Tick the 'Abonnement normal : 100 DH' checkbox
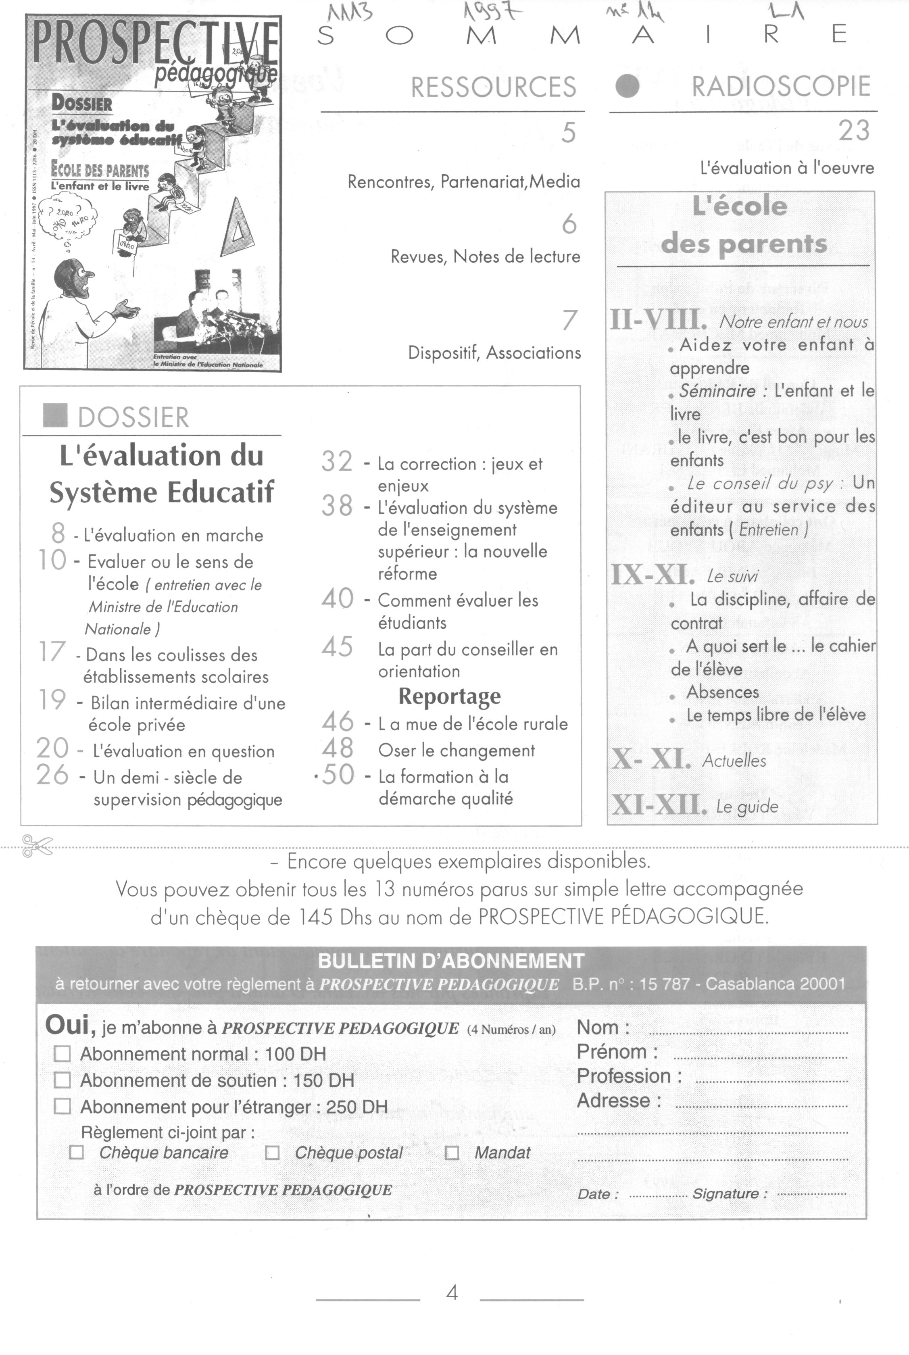pyautogui.click(x=62, y=1054)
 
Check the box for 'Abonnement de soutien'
pyautogui.click(x=62, y=1080)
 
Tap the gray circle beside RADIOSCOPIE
pyautogui.click(x=627, y=86)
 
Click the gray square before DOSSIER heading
pyautogui.click(x=55, y=415)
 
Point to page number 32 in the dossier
pyautogui.click(x=337, y=462)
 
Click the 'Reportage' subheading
pyautogui.click(x=449, y=696)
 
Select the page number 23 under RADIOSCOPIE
pyautogui.click(x=853, y=131)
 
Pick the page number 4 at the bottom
pyautogui.click(x=452, y=1293)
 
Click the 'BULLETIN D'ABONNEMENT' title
pyautogui.click(x=451, y=961)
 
